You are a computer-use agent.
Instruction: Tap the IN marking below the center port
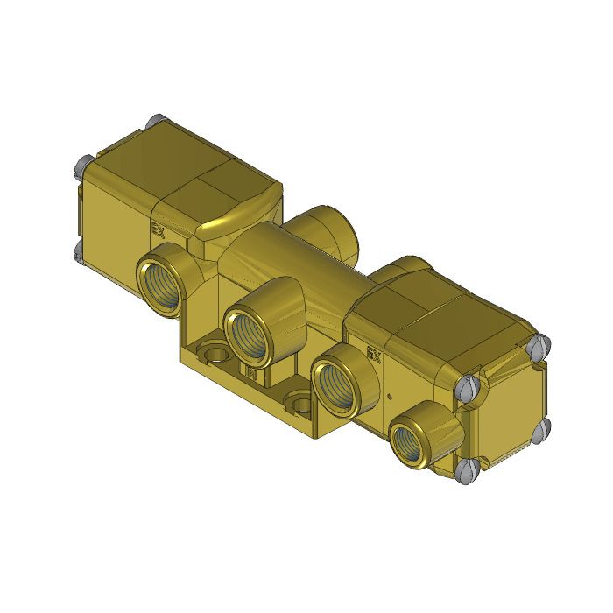tap(250, 376)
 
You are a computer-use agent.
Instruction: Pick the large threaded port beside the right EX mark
tap(335, 381)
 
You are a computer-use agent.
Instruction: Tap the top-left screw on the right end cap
tap(466, 385)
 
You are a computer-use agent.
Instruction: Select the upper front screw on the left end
tap(83, 163)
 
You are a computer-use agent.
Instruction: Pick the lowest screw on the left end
tap(80, 251)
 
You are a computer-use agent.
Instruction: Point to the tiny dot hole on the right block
tap(387, 396)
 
